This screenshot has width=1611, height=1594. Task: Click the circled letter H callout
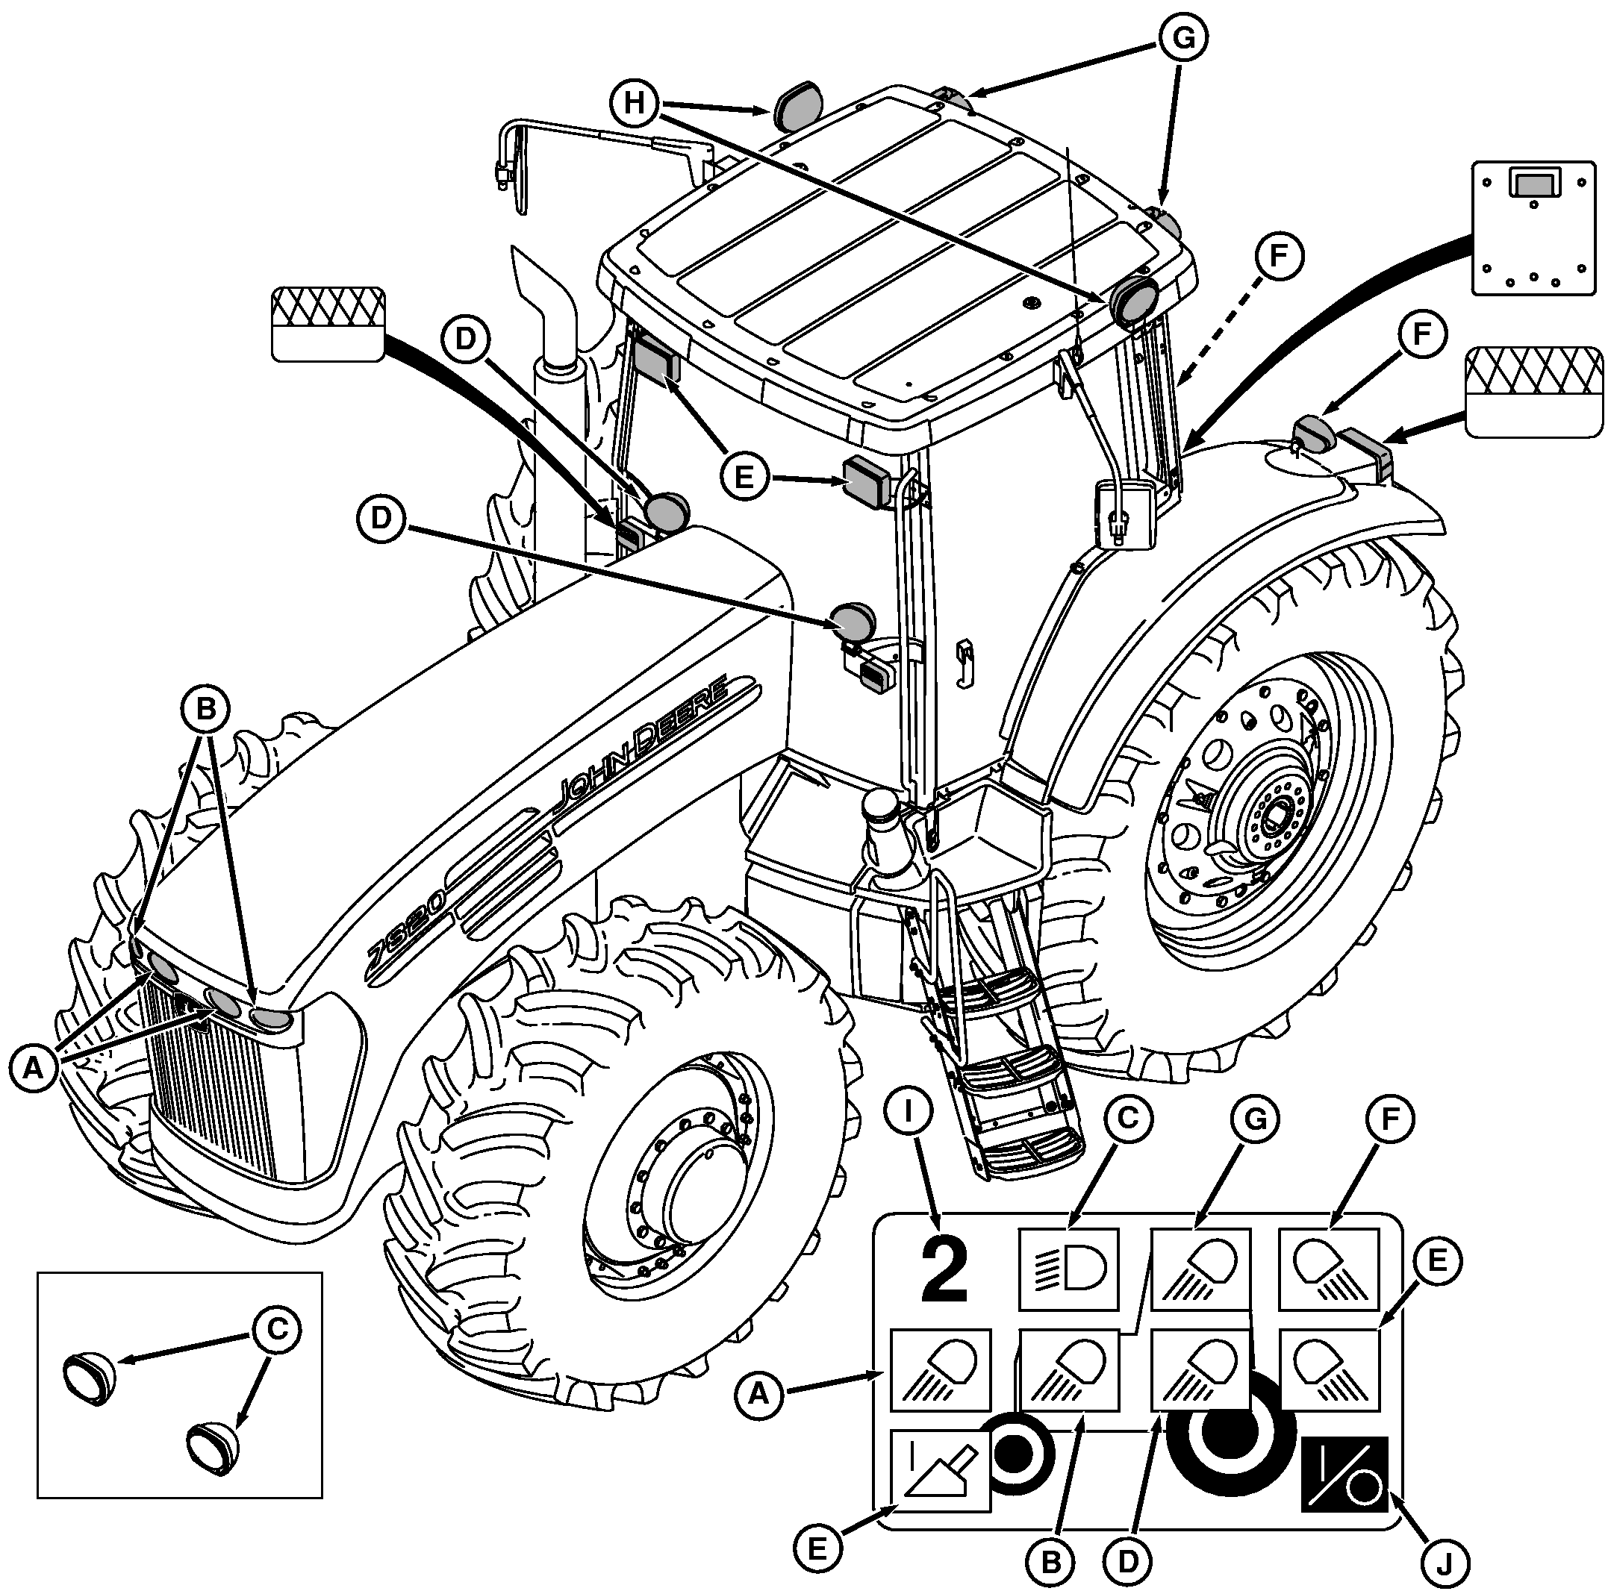click(635, 104)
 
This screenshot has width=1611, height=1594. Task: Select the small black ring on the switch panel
click(1015, 1454)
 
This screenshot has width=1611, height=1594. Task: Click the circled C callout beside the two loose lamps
click(277, 1329)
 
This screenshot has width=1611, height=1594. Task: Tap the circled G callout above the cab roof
click(1182, 38)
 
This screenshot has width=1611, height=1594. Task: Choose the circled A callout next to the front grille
click(34, 1066)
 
